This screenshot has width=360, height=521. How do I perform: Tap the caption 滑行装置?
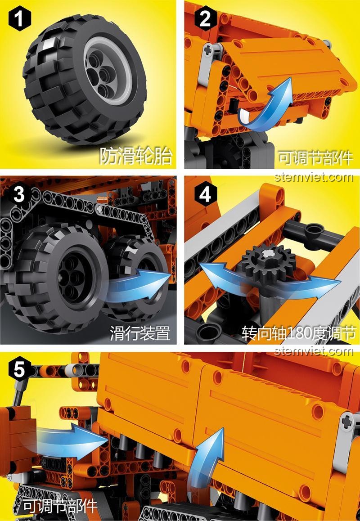[x=140, y=333]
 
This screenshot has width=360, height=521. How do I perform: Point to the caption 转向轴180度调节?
[x=299, y=333]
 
